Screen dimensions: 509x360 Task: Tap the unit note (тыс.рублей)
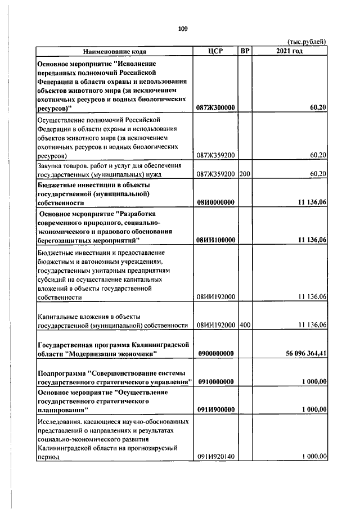tap(307, 42)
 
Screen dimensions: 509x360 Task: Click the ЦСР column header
tap(215, 52)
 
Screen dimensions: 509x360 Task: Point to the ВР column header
tap(245, 52)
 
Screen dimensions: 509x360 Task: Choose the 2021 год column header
tap(290, 52)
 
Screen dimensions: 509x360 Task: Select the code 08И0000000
tap(215, 202)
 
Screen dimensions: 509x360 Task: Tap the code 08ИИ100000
tap(215, 240)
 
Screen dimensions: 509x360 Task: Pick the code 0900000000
tap(215, 353)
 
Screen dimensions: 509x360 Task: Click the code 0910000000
tap(215, 382)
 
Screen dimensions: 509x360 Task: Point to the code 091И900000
tap(215, 409)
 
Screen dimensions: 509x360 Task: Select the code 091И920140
tap(215, 457)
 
